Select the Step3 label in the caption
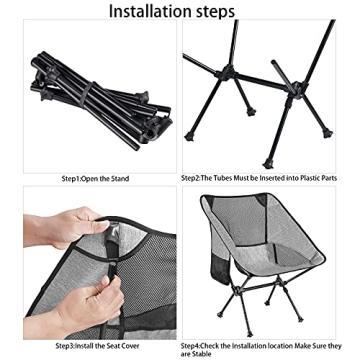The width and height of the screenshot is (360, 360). [x=69, y=345]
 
